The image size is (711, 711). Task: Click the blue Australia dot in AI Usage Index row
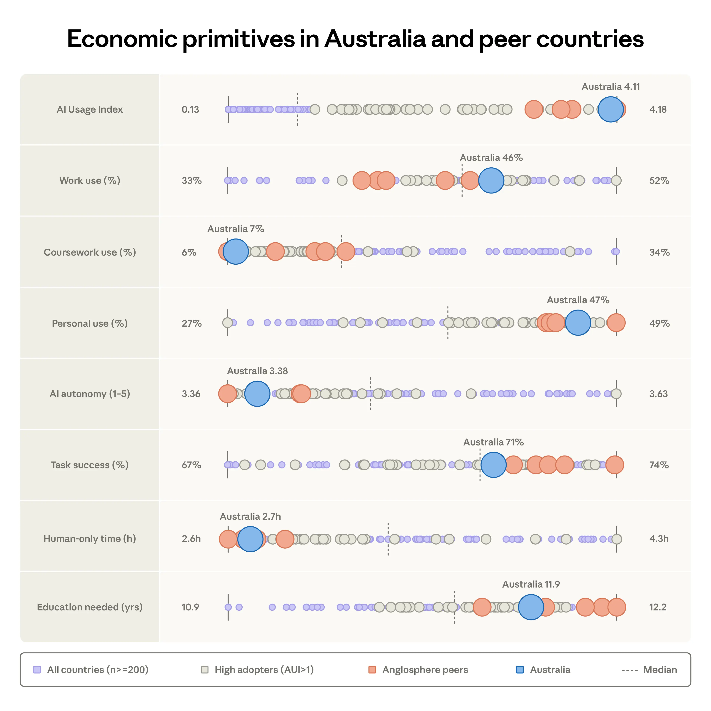pyautogui.click(x=610, y=109)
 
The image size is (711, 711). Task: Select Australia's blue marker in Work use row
pyautogui.click(x=491, y=180)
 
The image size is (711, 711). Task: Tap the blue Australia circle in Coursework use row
pyautogui.click(x=236, y=252)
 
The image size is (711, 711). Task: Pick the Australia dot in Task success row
pyautogui.click(x=493, y=465)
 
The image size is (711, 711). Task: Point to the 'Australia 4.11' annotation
pyautogui.click(x=610, y=87)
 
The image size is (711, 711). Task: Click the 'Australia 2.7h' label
pyautogui.click(x=250, y=517)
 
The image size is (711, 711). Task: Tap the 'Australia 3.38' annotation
pyautogui.click(x=257, y=371)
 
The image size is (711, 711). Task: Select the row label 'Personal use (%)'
pyautogui.click(x=90, y=323)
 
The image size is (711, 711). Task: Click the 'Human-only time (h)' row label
pyautogui.click(x=90, y=539)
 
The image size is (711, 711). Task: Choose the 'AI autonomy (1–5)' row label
pyautogui.click(x=90, y=394)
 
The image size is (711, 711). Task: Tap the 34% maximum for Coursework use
pyautogui.click(x=659, y=252)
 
